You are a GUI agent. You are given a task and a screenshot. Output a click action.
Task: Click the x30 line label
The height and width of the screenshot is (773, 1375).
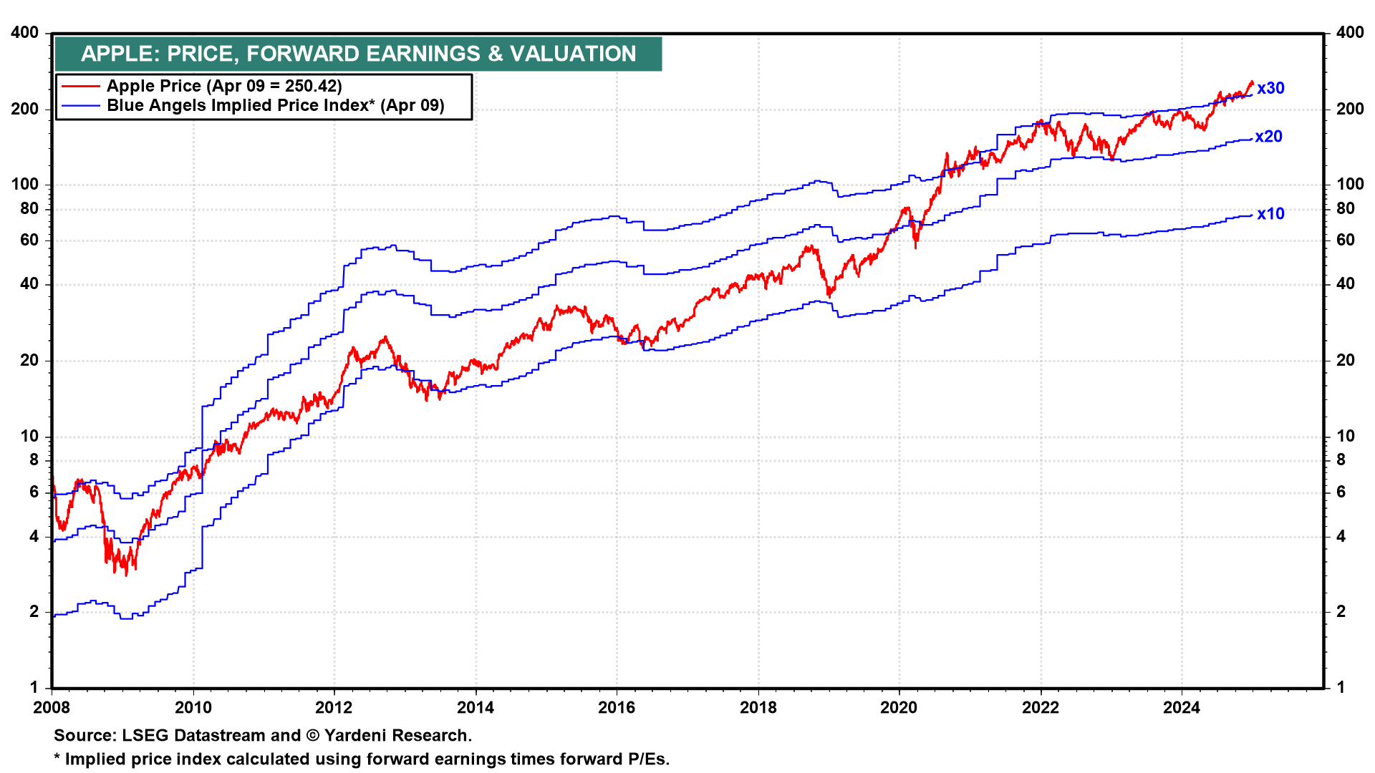click(1270, 88)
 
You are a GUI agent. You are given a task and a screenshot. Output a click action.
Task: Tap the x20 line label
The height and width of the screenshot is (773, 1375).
click(1268, 137)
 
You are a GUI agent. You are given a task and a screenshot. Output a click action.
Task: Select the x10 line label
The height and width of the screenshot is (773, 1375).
click(1270, 214)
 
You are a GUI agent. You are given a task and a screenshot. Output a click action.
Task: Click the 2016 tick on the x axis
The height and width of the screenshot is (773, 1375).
click(617, 708)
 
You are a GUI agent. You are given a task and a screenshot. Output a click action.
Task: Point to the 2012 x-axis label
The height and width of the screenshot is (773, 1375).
click(334, 708)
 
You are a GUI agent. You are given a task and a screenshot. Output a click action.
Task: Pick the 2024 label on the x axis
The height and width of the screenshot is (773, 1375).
click(1182, 708)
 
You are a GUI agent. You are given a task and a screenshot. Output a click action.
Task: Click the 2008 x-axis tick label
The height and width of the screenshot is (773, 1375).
click(52, 708)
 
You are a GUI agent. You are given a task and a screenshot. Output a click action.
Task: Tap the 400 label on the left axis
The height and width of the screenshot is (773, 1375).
click(25, 33)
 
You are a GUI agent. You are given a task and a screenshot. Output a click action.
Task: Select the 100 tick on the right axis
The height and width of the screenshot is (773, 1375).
click(1350, 184)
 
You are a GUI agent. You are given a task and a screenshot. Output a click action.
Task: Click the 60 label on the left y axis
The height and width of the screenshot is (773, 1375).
click(29, 240)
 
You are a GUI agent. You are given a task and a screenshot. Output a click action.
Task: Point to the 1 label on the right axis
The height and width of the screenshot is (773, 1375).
click(1341, 687)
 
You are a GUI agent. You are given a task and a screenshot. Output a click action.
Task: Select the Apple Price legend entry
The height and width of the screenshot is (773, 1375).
click(224, 86)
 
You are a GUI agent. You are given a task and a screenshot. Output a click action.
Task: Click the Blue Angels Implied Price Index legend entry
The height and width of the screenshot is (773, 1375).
click(276, 106)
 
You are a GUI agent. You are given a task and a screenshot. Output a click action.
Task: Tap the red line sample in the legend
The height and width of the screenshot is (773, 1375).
click(80, 86)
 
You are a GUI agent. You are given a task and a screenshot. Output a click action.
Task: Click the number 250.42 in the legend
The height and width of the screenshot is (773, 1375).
click(310, 86)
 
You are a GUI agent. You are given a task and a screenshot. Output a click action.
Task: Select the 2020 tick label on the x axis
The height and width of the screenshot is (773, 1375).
click(899, 708)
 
